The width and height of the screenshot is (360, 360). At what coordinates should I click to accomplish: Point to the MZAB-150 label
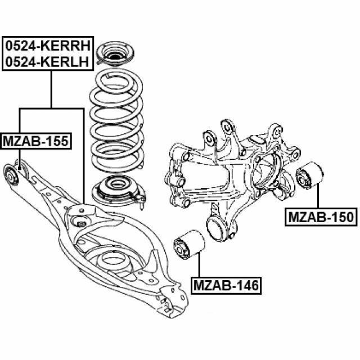click(322, 217)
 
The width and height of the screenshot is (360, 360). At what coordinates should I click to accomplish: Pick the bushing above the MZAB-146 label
click(188, 246)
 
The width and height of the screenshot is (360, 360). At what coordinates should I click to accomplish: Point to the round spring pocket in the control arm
click(112, 263)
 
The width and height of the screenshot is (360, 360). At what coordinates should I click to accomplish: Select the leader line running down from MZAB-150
click(318, 197)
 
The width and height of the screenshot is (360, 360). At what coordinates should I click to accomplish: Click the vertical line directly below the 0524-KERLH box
click(51, 89)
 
